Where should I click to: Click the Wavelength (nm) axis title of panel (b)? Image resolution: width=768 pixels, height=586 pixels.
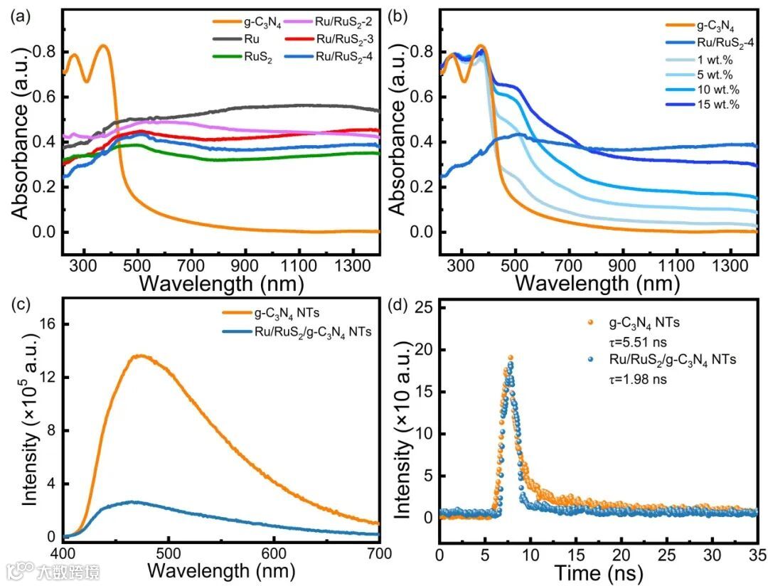598,282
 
